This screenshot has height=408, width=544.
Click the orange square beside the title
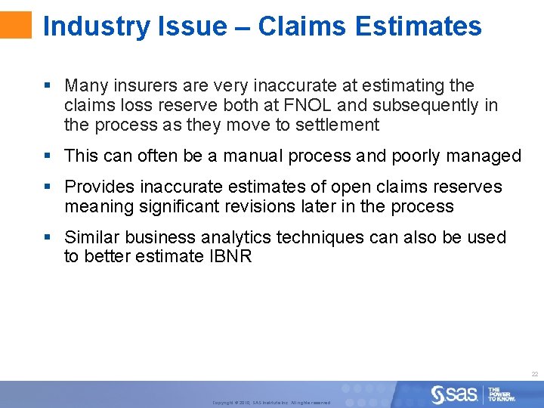(16, 25)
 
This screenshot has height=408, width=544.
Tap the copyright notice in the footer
(271, 403)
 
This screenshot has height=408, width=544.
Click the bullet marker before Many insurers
(48, 85)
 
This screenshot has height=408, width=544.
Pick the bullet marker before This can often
(48, 156)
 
